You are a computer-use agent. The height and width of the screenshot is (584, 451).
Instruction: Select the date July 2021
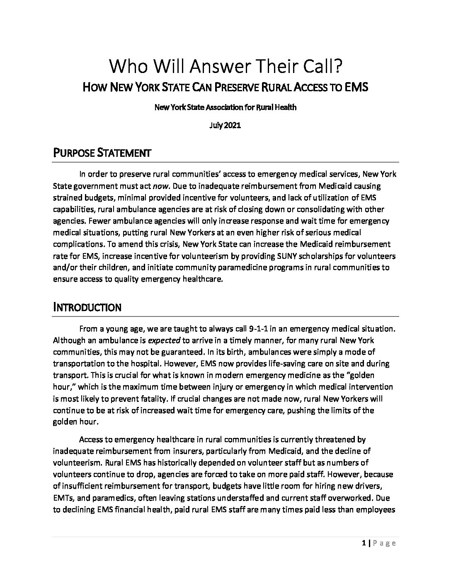click(x=225, y=126)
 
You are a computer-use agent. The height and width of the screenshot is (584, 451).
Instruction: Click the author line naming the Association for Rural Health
click(x=225, y=107)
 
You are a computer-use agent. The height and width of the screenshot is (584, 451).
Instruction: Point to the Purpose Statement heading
click(x=102, y=153)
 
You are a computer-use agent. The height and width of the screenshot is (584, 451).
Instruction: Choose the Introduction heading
click(x=87, y=307)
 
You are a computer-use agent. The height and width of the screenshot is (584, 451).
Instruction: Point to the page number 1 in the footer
click(x=363, y=543)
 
